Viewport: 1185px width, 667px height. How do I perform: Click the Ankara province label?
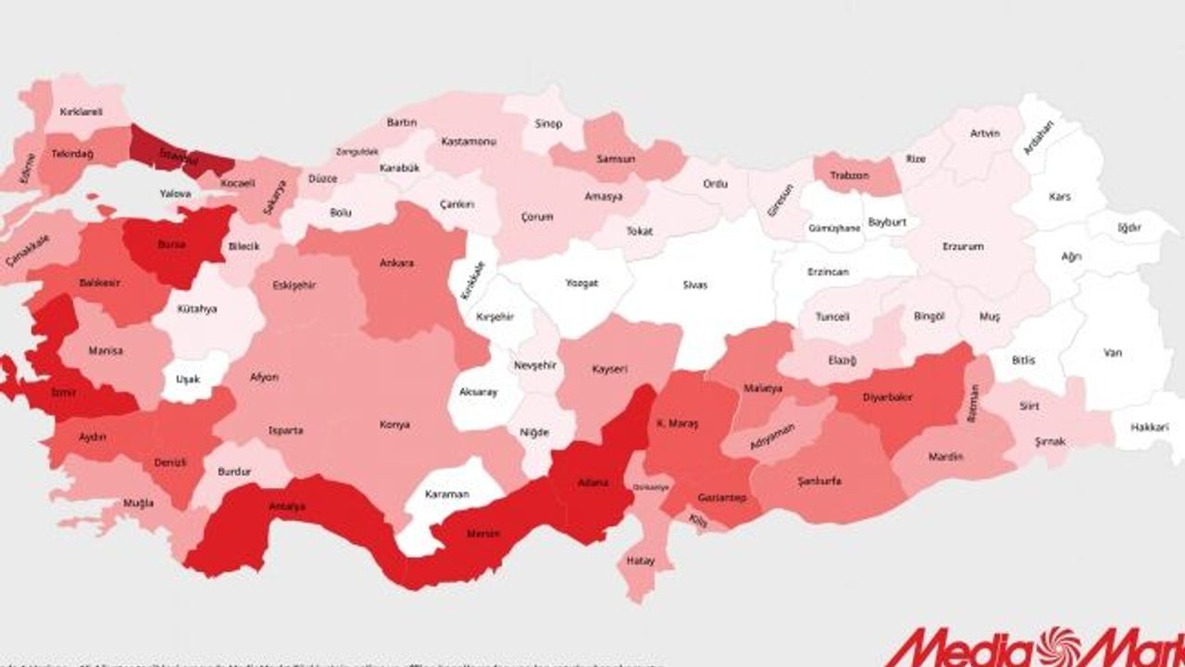(396, 263)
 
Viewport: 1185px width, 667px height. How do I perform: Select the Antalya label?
(288, 507)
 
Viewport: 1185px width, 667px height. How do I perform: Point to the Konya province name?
(394, 425)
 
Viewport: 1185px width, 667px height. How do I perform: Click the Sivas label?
(695, 285)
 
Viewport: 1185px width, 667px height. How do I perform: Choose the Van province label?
(1112, 352)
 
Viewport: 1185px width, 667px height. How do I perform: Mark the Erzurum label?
(963, 246)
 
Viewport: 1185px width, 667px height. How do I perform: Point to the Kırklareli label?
(81, 112)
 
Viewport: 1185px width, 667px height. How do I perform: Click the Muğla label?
(139, 503)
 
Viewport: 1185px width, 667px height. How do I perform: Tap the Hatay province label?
(641, 560)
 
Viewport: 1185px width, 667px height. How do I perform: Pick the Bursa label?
(172, 245)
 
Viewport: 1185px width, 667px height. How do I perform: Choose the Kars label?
(1059, 196)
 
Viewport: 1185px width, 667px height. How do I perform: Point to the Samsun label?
(616, 158)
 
